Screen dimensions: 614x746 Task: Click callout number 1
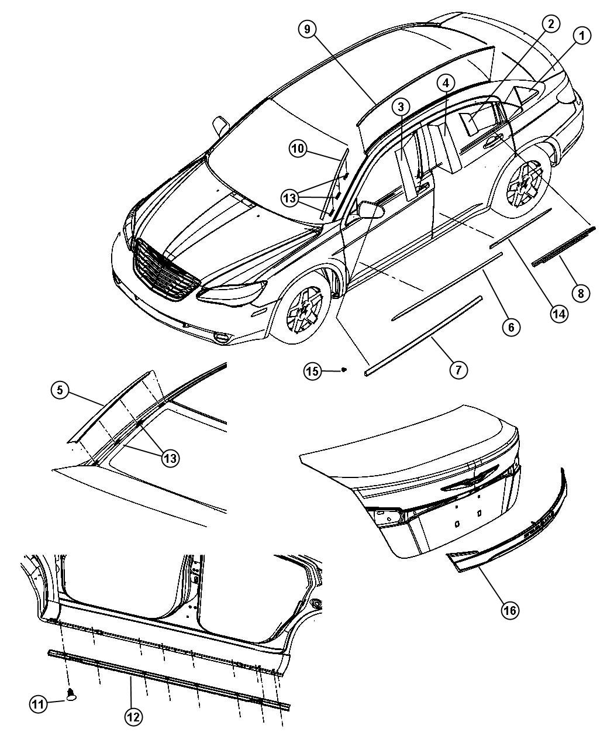[x=582, y=36]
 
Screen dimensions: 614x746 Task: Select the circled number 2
[x=551, y=24]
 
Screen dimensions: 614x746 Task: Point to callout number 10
[x=298, y=148]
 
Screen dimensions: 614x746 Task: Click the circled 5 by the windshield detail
[x=60, y=390]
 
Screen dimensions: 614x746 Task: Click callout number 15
[x=312, y=371]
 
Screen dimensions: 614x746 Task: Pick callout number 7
[x=458, y=369]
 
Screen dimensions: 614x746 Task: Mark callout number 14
[x=559, y=314]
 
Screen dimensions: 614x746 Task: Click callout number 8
[x=581, y=293]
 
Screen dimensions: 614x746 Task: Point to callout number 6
[x=510, y=326]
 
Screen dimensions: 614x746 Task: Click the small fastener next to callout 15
[x=344, y=369]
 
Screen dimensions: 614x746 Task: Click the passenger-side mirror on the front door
[x=371, y=209]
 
